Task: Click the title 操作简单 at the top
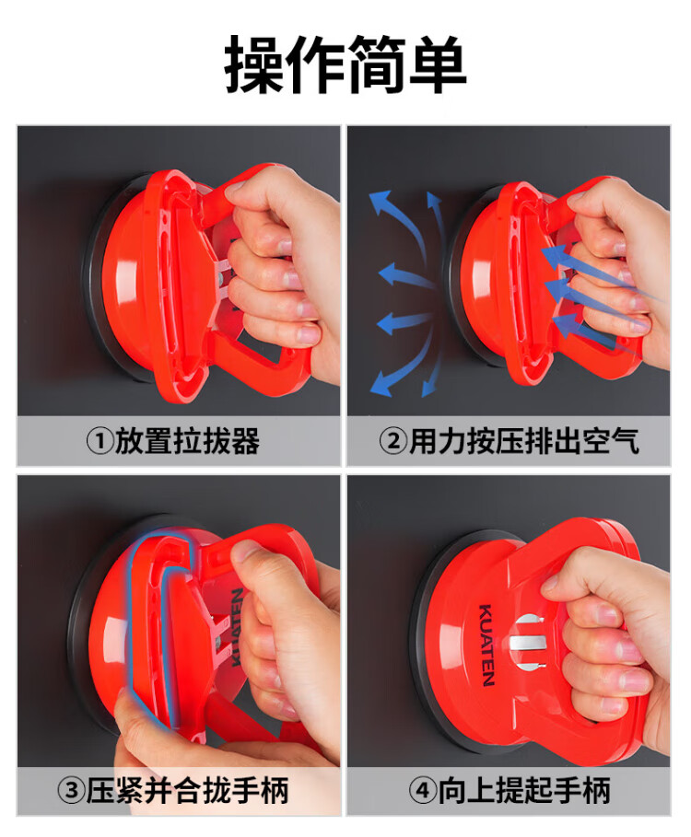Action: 345,64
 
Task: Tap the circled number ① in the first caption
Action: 100,442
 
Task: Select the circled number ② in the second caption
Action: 393,442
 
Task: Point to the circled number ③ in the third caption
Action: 72,791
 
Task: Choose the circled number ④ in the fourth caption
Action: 423,791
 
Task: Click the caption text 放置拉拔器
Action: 187,442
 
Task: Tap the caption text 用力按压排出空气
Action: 524,442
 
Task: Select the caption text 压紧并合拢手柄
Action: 187,791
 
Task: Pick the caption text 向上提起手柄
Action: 524,791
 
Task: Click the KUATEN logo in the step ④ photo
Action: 486,645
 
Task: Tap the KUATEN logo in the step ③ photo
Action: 237,627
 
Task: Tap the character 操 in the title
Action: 253,64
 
